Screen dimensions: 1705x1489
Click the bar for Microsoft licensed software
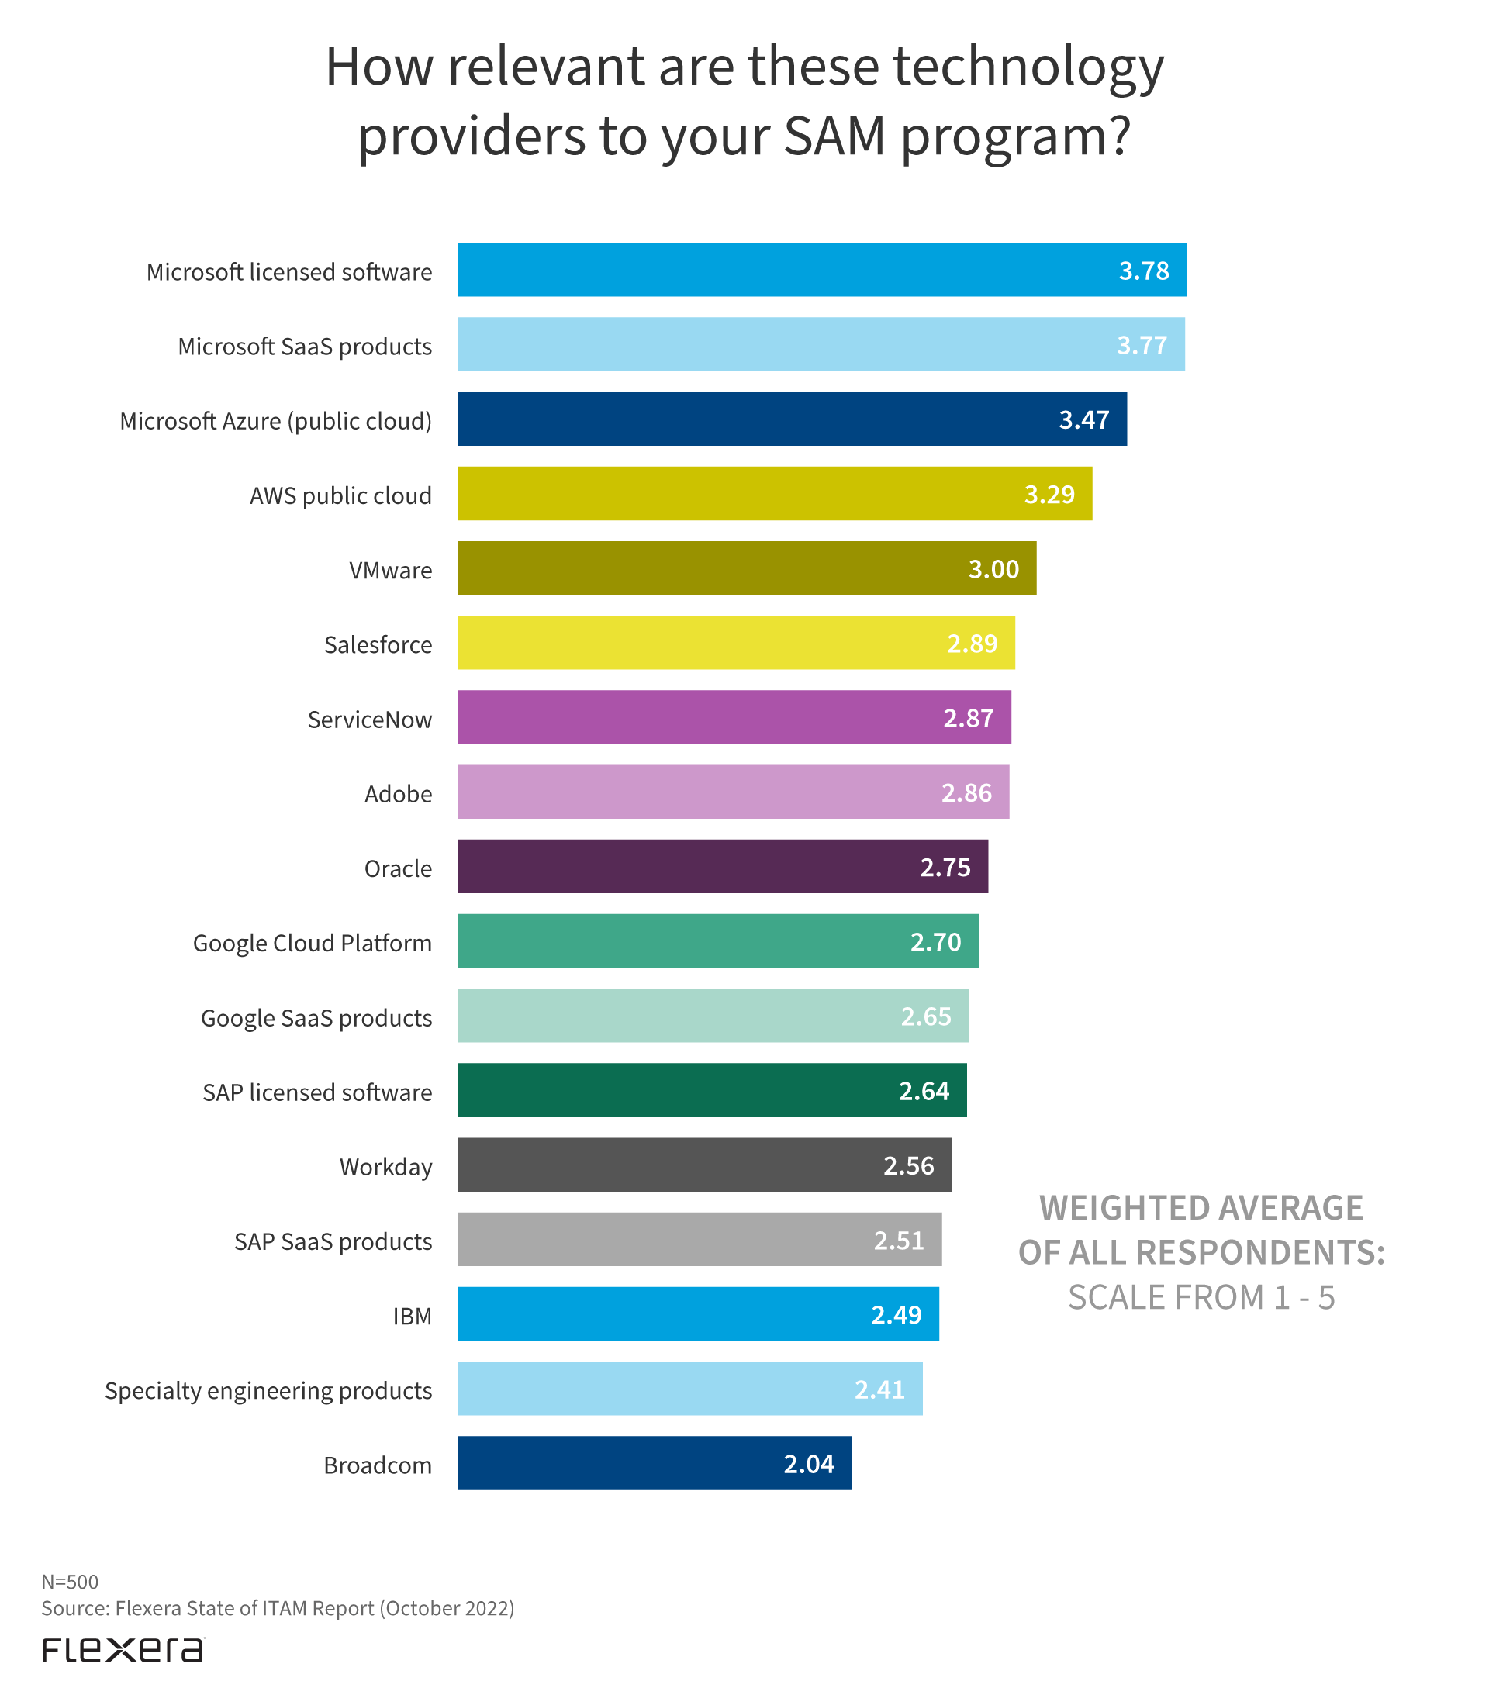pos(822,270)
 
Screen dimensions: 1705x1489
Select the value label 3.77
pos(1142,345)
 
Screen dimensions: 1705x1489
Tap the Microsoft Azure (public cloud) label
pos(276,421)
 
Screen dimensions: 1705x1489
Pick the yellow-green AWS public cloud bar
pos(775,494)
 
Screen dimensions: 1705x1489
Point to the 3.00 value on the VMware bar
pos(993,569)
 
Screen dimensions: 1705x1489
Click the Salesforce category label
pos(378,645)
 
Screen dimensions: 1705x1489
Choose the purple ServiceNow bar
pos(734,717)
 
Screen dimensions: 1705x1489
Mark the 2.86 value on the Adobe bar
pos(966,792)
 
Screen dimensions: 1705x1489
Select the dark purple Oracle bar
pos(723,867)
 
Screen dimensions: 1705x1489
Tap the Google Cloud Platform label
pos(313,943)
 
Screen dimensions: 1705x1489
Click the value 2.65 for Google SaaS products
pos(926,1016)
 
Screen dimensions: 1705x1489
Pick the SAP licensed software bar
pos(712,1090)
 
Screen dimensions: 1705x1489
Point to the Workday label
pos(385,1167)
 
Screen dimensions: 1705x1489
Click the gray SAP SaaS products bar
pos(700,1239)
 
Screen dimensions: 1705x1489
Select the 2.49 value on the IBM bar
pos(896,1314)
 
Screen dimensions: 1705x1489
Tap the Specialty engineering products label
pos(268,1390)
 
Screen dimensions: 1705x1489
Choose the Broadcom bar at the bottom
pos(655,1463)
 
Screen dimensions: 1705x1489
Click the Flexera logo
pos(123,1650)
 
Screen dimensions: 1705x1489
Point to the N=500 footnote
pos(70,1582)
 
